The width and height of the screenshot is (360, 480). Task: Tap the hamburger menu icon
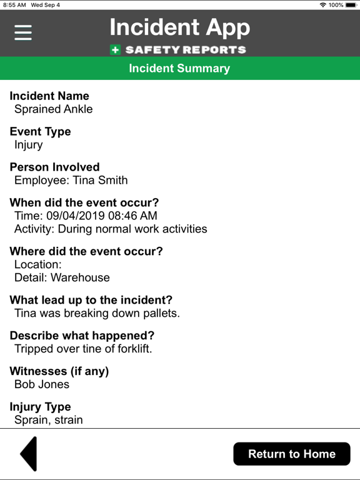point(23,32)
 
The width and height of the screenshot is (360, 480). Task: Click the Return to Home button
point(292,454)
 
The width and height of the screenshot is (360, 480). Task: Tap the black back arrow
point(29,454)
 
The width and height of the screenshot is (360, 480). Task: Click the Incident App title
point(179,27)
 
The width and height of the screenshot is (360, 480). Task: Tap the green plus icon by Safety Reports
point(116,50)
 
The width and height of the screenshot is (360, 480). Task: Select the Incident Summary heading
point(179,68)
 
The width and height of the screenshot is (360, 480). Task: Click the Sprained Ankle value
point(54,109)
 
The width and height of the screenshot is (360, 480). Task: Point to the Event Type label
point(40,131)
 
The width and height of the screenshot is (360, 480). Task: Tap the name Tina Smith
point(100,181)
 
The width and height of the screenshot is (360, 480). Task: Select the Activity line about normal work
point(111,229)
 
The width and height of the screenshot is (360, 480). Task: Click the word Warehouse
point(80,277)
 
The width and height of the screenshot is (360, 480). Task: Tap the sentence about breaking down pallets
point(97,313)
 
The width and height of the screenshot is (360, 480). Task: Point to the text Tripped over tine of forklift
point(83,349)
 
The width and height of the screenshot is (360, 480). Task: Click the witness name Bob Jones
point(42,384)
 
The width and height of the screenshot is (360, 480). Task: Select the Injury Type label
point(40,407)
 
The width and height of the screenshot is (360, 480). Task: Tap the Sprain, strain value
point(49,420)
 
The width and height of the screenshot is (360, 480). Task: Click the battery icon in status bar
point(351,5)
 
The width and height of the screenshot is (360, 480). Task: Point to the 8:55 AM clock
point(14,5)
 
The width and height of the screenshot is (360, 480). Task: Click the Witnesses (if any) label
point(59,371)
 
